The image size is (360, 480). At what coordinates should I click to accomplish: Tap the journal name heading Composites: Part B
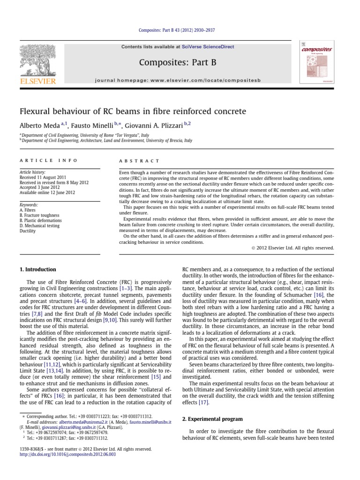[180, 61]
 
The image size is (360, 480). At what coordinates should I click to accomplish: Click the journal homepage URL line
[180, 81]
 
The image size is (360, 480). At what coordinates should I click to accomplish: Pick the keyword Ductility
[28, 231]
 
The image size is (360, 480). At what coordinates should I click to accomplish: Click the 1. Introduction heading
[37, 270]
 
